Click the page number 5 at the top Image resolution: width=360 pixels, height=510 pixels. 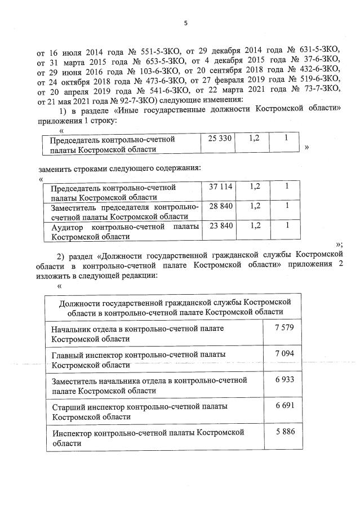(185, 23)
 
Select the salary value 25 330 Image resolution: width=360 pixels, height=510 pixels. (220, 139)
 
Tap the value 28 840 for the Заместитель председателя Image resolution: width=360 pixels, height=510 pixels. (220, 207)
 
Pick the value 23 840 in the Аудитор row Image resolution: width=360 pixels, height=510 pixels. (220, 227)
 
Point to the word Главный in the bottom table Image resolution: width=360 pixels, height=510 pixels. (65, 354)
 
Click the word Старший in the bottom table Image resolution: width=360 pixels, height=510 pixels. (66, 407)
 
